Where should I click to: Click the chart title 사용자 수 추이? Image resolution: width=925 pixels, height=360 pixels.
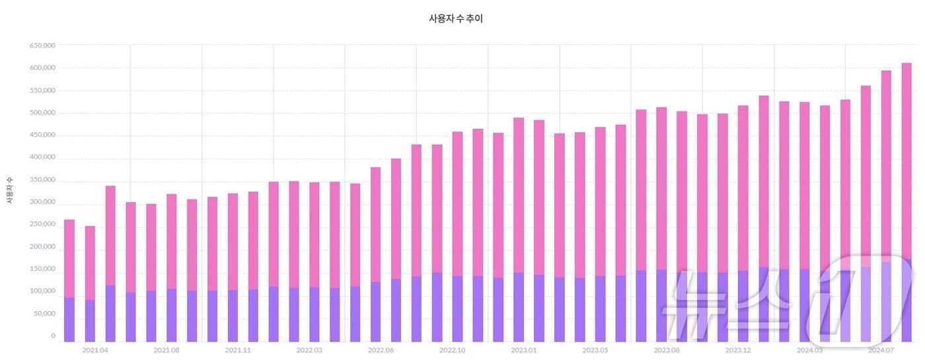(x=456, y=19)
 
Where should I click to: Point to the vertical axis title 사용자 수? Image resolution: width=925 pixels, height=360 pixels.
(x=10, y=190)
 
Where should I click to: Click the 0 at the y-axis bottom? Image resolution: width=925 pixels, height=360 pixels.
(x=54, y=336)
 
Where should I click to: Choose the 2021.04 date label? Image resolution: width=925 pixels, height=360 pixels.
(x=94, y=350)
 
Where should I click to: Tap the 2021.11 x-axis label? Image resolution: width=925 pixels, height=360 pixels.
(x=237, y=350)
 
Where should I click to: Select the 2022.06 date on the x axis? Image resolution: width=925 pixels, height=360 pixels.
(x=381, y=350)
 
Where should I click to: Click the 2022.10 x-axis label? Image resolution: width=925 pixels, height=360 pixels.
(x=452, y=350)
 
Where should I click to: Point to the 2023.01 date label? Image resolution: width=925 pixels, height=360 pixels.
(x=523, y=350)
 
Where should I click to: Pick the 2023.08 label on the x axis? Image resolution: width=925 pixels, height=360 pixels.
(x=666, y=350)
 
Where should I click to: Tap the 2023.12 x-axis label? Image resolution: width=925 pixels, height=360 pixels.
(x=738, y=350)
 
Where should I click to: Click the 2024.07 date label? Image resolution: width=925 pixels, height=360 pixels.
(x=881, y=350)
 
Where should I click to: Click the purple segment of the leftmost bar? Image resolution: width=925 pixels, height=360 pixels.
(x=69, y=320)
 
